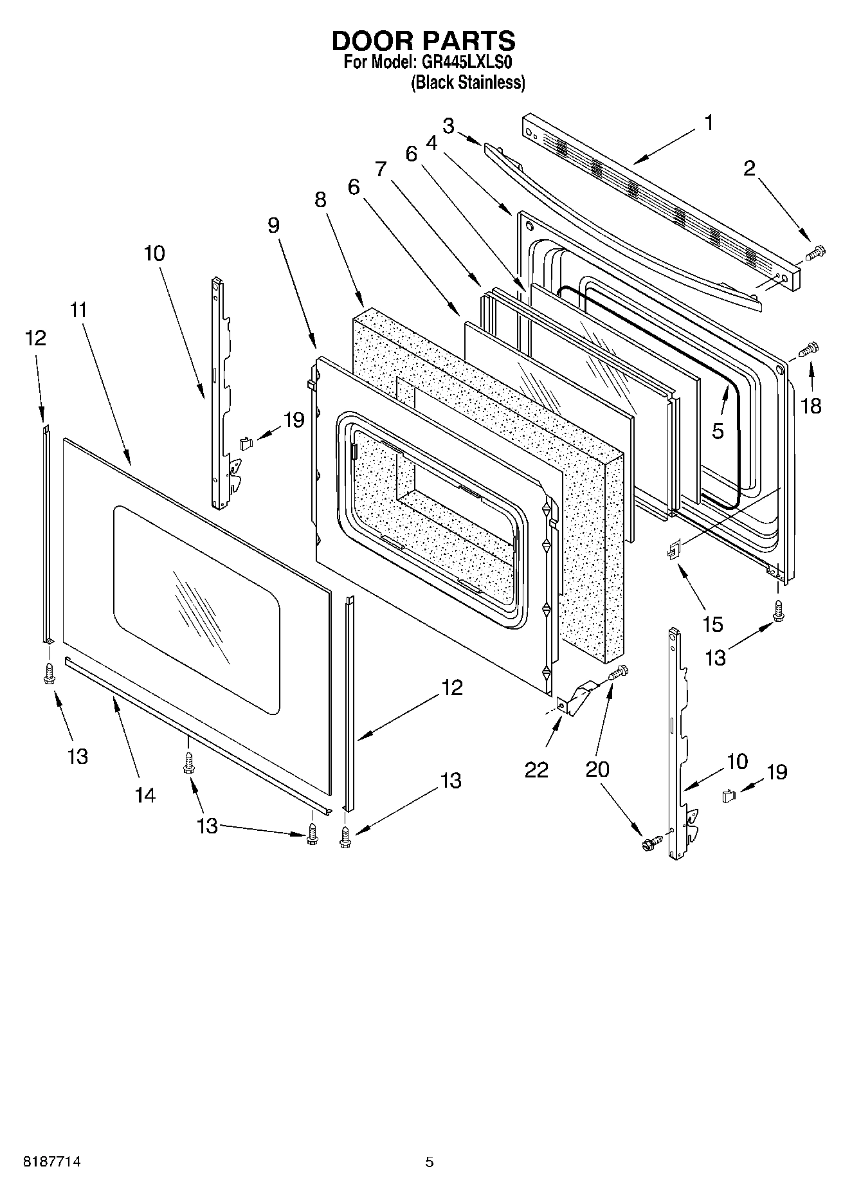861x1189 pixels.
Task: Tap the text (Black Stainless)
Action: tap(468, 82)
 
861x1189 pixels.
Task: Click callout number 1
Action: tap(708, 122)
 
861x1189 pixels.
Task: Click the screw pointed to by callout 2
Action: tap(815, 253)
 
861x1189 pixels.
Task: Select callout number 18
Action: tap(811, 406)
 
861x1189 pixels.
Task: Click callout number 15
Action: tap(713, 624)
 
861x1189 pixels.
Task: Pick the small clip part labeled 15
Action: tap(673, 550)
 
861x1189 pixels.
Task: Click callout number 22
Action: tap(536, 769)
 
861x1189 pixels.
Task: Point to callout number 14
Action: tap(145, 795)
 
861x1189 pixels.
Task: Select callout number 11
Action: tap(78, 310)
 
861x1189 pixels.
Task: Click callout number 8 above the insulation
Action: tap(320, 200)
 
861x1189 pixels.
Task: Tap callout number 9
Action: tap(274, 225)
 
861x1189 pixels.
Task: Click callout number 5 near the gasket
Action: tap(718, 431)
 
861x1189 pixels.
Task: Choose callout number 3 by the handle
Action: tap(448, 125)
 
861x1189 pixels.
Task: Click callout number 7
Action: tap(381, 168)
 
